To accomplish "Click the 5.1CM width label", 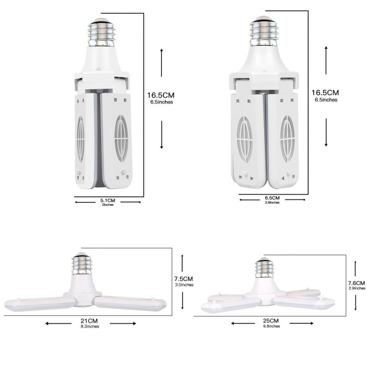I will point(108,201).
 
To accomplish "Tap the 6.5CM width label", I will point(272,198).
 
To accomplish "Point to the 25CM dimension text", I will point(271,321).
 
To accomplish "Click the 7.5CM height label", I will point(183,279).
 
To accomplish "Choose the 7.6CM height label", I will point(357,283).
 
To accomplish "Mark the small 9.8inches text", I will point(271,326).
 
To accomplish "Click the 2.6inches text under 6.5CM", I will point(272,203).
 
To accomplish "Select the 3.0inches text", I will point(183,285).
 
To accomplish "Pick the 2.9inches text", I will point(357,288).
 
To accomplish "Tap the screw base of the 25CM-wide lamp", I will point(265,268).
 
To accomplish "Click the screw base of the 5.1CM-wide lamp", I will point(101,33).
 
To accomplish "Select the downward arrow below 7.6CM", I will point(356,302).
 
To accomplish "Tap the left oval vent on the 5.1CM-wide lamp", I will point(81,139).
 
